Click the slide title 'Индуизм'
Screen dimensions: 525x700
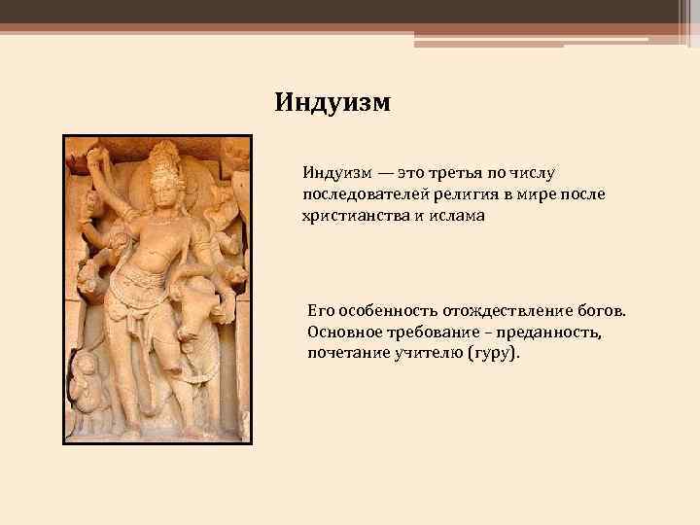tap(332, 102)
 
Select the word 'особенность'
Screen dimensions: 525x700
tap(384, 313)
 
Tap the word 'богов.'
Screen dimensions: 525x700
tap(602, 313)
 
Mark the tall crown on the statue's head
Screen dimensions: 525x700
tap(163, 157)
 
